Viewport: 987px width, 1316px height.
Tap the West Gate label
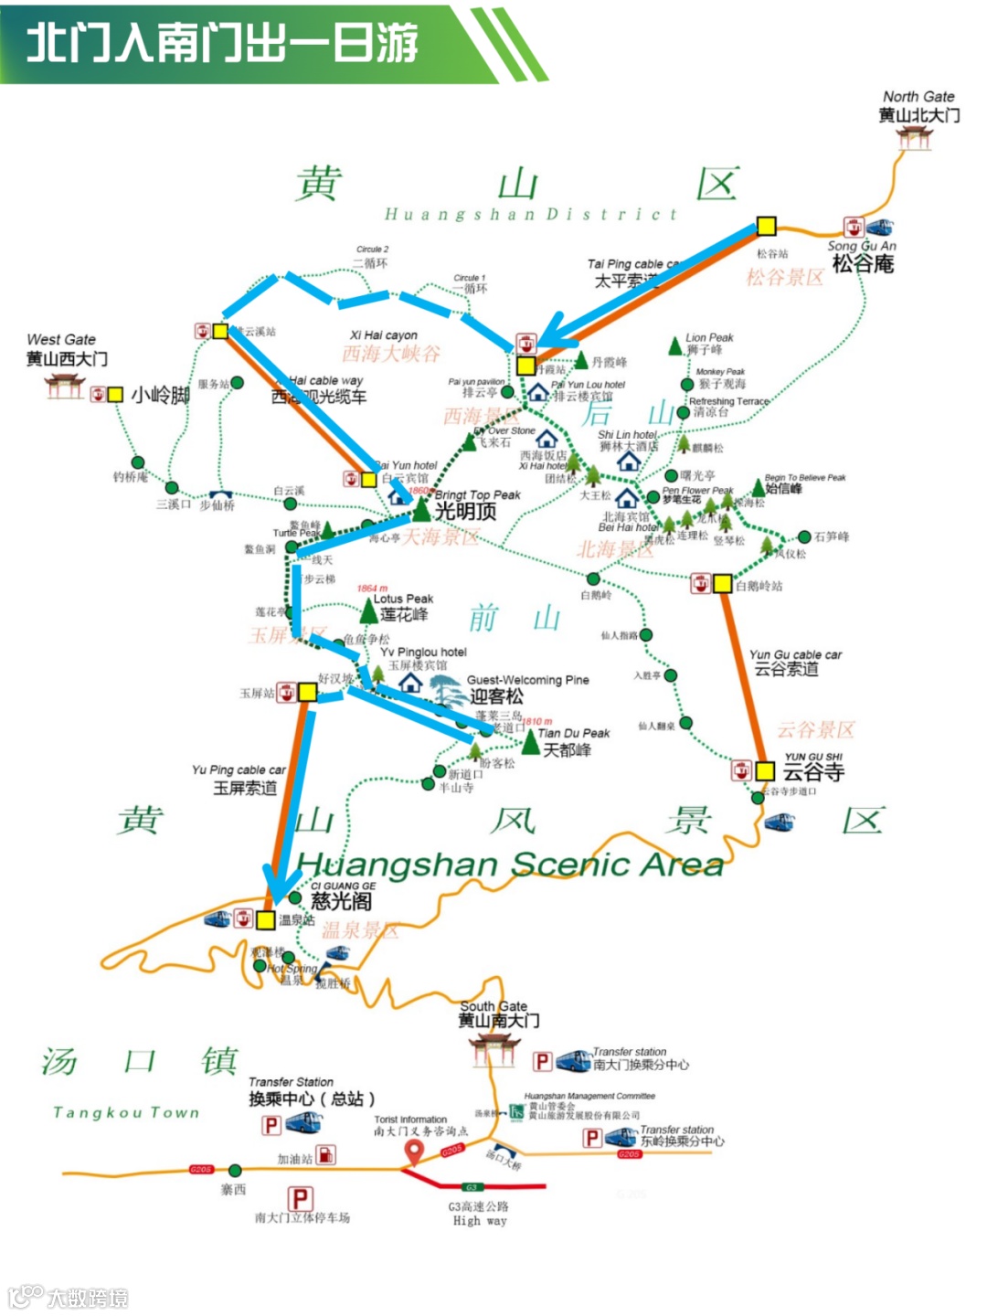(x=61, y=339)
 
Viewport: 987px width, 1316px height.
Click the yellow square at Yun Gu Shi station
(x=765, y=771)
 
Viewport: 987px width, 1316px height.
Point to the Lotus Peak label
(x=403, y=599)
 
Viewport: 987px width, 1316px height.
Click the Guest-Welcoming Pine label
(x=527, y=680)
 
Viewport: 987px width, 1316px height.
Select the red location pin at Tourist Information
(x=413, y=1153)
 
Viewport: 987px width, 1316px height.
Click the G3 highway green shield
(x=472, y=1187)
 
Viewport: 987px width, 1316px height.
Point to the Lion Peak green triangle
(x=675, y=346)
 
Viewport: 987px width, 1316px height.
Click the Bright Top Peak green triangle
(x=421, y=510)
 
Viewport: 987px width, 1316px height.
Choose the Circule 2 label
(x=372, y=249)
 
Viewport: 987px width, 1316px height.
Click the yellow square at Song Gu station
(x=766, y=226)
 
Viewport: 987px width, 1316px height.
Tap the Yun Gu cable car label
(x=795, y=654)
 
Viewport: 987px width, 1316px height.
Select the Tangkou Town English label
(x=126, y=1112)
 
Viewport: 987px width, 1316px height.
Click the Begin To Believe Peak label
(x=805, y=477)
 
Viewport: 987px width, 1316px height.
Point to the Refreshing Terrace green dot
(x=684, y=413)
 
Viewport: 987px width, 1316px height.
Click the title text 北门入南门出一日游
(x=222, y=43)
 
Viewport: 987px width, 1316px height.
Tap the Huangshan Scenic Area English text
(x=510, y=864)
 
